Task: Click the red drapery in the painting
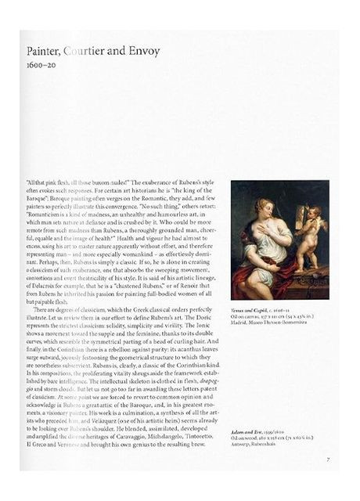[x=274, y=282]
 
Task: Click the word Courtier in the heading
[x=87, y=52]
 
